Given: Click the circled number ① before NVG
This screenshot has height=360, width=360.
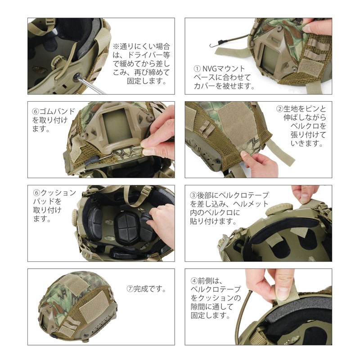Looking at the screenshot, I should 197,69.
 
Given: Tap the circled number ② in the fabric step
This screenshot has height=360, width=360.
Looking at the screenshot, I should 279,109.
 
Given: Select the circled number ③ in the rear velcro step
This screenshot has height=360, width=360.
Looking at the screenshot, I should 193,195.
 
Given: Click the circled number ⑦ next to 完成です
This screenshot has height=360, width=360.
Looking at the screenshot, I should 130,288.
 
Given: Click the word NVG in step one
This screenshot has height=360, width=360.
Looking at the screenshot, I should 209,69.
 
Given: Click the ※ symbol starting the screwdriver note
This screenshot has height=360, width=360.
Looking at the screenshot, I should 115,46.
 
